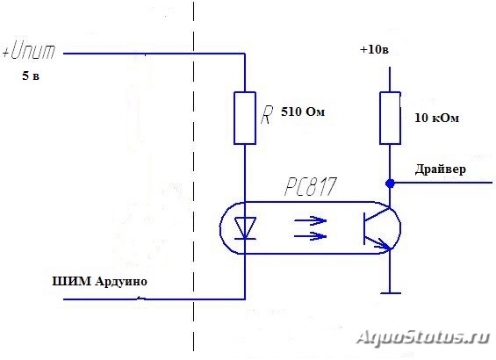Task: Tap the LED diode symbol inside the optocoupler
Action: pyautogui.click(x=245, y=228)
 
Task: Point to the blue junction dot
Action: pyautogui.click(x=390, y=183)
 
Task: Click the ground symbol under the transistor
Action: pyautogui.click(x=391, y=293)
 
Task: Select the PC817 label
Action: pyautogui.click(x=310, y=187)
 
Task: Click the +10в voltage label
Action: pyautogui.click(x=374, y=50)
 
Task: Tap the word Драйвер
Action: pyautogui.click(x=441, y=169)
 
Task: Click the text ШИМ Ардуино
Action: pyautogui.click(x=99, y=281)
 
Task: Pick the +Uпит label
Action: pyautogui.click(x=29, y=51)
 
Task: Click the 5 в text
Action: pyautogui.click(x=31, y=76)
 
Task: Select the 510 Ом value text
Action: pyautogui.click(x=303, y=112)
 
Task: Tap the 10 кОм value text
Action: pyautogui.click(x=436, y=118)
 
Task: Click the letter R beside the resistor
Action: pyautogui.click(x=266, y=115)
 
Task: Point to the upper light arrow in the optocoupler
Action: pyautogui.click(x=310, y=220)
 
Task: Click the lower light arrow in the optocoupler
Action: pyautogui.click(x=310, y=236)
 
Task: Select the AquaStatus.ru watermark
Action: pyautogui.click(x=423, y=337)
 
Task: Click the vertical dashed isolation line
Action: pyautogui.click(x=194, y=176)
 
